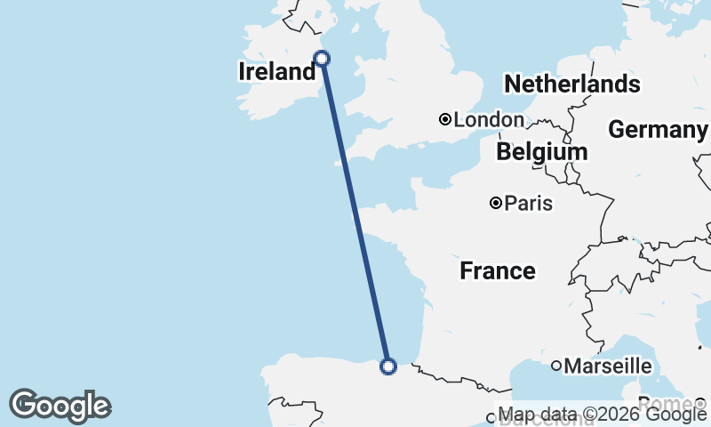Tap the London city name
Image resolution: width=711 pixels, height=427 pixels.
pos(489,119)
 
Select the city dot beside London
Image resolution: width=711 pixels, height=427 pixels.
pos(445,119)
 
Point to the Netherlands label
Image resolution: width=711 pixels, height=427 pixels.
pos(571,85)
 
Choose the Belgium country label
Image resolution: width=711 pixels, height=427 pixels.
pos(541,151)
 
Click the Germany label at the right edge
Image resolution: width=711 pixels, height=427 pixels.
pos(658,130)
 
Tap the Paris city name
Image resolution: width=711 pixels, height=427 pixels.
pos(528,204)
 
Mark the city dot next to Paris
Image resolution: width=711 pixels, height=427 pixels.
pos(496,204)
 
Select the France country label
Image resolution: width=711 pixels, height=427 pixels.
pos(498,270)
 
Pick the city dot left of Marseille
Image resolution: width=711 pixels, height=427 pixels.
pos(556,366)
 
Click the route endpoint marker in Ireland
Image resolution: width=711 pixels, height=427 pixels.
pos(323,59)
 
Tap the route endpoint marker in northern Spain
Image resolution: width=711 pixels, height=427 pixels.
pos(387,366)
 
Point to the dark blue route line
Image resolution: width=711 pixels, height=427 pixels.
pos(355,213)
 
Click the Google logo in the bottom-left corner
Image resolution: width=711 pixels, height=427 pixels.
pos(60,406)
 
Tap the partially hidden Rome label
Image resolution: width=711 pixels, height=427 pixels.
pos(663,403)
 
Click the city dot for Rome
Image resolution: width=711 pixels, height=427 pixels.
pos(699,403)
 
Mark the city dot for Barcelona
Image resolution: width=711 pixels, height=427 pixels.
pos(490,417)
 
